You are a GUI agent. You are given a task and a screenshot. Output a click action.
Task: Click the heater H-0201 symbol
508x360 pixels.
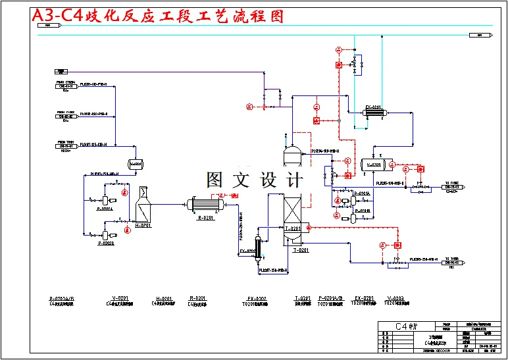[x=143, y=208]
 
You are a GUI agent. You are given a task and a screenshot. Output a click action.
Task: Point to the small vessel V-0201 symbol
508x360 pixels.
[x=136, y=163]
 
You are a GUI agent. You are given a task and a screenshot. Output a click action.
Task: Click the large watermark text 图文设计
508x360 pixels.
[x=254, y=180]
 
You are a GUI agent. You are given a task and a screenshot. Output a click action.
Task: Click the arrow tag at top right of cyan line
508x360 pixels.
[x=484, y=35]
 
